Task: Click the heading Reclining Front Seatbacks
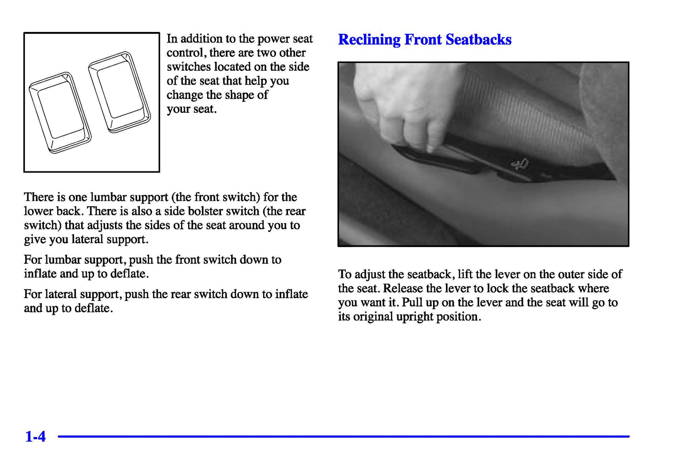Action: point(425,40)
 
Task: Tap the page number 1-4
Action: point(35,436)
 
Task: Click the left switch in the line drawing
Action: point(60,113)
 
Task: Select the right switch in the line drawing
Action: point(119,92)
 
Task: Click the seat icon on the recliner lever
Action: point(520,164)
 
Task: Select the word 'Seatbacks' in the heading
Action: point(478,40)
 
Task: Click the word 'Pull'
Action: point(412,302)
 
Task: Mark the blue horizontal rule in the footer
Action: point(344,436)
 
